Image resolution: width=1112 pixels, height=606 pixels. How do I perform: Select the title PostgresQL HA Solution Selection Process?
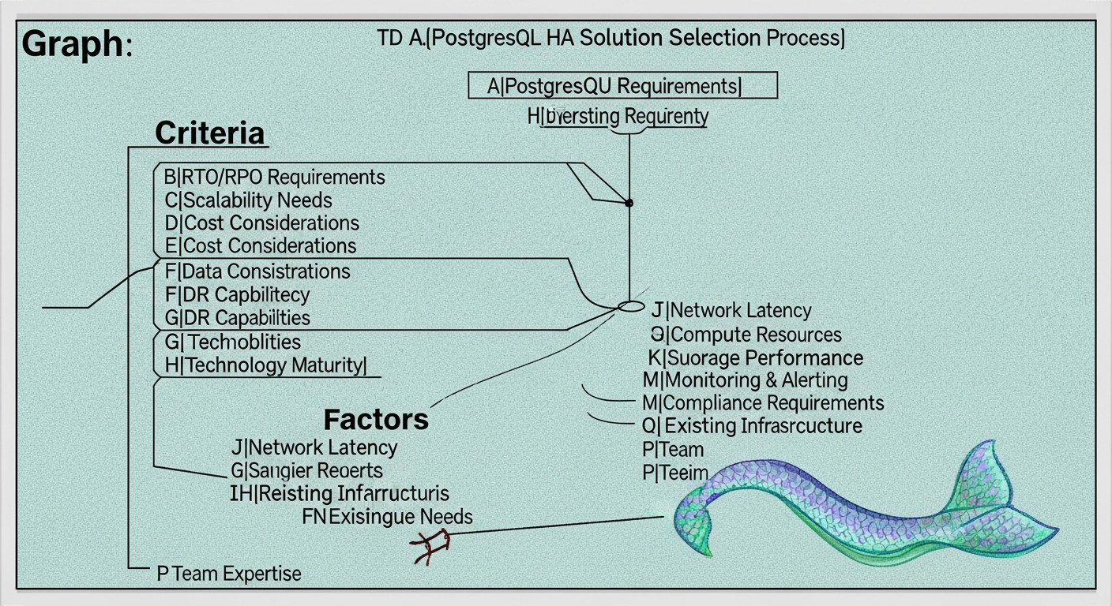tap(610, 39)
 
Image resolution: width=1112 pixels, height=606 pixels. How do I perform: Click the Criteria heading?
tap(209, 133)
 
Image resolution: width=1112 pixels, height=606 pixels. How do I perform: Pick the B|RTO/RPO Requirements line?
tap(274, 176)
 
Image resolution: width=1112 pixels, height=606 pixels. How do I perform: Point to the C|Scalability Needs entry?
tap(248, 200)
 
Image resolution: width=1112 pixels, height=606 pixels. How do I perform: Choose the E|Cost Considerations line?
tap(260, 245)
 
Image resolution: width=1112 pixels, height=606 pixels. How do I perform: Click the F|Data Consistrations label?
tap(257, 271)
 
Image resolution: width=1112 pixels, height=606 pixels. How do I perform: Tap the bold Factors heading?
tap(376, 418)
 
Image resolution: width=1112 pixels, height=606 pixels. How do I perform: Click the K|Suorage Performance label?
tap(756, 357)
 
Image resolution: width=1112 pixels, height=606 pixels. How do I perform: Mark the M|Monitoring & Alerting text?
tap(745, 380)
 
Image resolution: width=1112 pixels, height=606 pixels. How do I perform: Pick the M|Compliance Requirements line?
tap(763, 403)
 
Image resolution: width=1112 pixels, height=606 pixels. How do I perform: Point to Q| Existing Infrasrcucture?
tap(752, 426)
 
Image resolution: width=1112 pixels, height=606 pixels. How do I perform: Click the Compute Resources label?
tap(746, 335)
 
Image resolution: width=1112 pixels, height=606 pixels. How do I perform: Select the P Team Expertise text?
tap(229, 573)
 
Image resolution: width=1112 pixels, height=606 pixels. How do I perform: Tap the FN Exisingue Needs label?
tap(388, 517)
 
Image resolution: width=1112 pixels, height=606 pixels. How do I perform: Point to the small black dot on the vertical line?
tap(629, 203)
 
